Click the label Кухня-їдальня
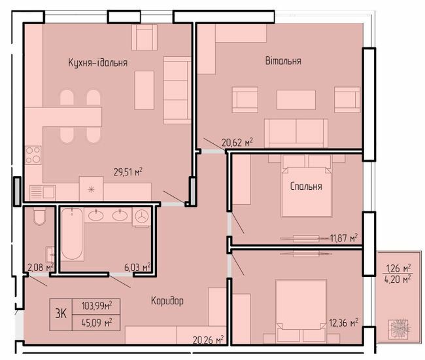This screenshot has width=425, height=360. click(x=97, y=62)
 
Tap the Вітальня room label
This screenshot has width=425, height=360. click(x=283, y=61)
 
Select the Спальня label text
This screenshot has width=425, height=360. click(x=306, y=187)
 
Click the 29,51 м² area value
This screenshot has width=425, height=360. click(x=127, y=172)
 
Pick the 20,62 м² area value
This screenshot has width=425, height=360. click(x=237, y=141)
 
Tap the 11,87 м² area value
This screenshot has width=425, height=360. click(x=344, y=238)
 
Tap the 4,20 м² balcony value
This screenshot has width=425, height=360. click(x=398, y=279)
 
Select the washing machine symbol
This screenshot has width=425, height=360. click(x=141, y=217)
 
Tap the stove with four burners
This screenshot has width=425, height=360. click(x=33, y=155)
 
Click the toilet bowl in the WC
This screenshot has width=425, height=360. click(x=38, y=217)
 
